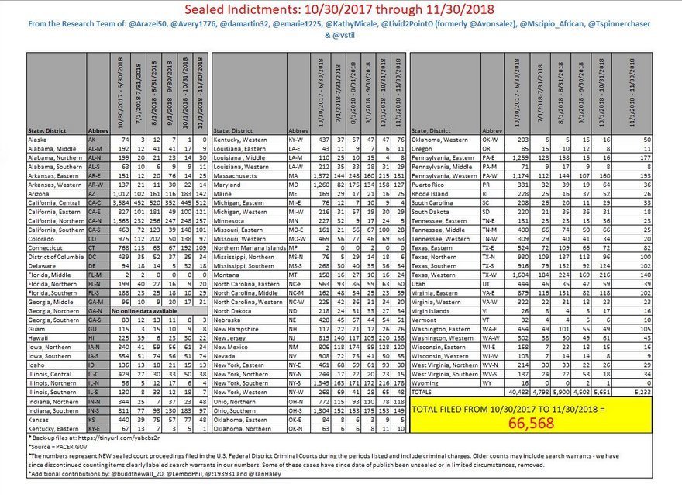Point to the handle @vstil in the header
pos(341,36)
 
